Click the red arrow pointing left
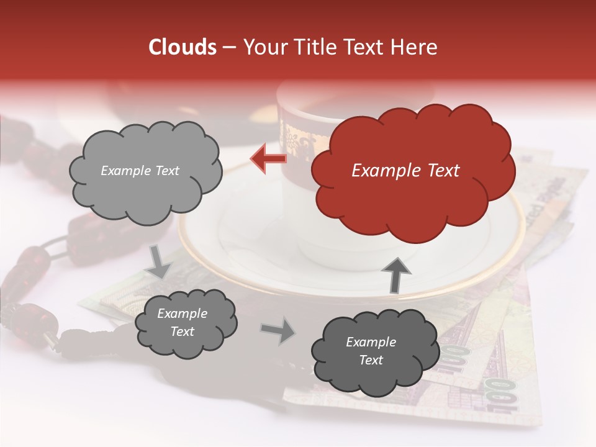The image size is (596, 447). pyautogui.click(x=268, y=158)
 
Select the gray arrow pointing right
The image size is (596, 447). pyautogui.click(x=277, y=330)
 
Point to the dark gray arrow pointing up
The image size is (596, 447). pyautogui.click(x=396, y=274)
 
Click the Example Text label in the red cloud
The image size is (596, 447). pyautogui.click(x=405, y=171)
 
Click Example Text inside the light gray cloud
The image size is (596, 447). pyautogui.click(x=140, y=171)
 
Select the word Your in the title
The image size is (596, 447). pyautogui.click(x=261, y=47)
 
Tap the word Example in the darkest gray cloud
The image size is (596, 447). pyautogui.click(x=371, y=342)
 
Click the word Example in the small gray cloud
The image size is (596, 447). pyautogui.click(x=182, y=314)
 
